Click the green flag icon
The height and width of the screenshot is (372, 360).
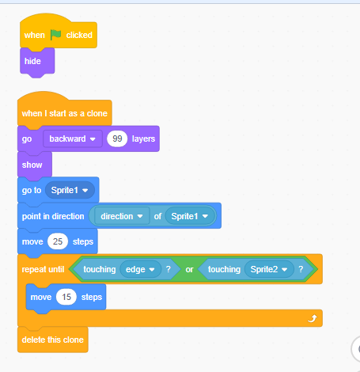[55, 35]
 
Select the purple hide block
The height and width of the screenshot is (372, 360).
[37, 62]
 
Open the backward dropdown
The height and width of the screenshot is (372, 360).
[73, 139]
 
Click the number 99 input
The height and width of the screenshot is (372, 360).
[117, 139]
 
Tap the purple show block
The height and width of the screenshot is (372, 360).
[35, 165]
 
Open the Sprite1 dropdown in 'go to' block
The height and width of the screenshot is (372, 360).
[70, 190]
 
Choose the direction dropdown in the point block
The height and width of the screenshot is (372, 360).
[122, 216]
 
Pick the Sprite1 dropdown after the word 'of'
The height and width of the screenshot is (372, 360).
[190, 216]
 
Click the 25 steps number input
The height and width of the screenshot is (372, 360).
[58, 241]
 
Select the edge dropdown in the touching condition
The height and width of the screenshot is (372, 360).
[140, 269]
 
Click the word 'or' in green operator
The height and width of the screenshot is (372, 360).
[189, 269]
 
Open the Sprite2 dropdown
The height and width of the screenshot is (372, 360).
[269, 269]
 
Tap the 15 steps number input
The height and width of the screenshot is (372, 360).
[66, 297]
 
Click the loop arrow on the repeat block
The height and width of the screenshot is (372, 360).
[313, 318]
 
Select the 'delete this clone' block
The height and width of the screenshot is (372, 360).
[53, 340]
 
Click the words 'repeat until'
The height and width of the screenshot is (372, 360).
[43, 269]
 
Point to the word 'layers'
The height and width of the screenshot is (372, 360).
[143, 139]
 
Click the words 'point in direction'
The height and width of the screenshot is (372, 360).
[53, 216]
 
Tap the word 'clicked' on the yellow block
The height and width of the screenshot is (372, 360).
[79, 35]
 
